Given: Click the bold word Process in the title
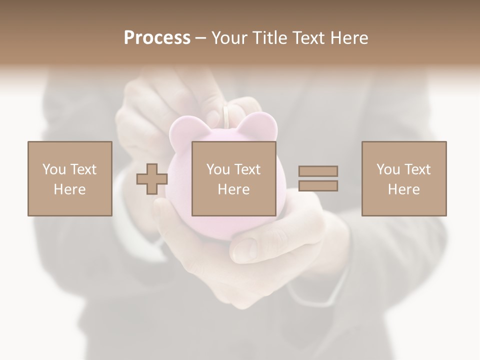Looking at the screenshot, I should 157,38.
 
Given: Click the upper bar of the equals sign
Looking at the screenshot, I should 318,171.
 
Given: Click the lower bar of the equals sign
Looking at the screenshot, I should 318,186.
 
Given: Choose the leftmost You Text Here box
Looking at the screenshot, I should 70,178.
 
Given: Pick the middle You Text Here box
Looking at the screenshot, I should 233,178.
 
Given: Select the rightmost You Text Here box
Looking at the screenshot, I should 404,178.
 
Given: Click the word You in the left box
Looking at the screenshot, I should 53,169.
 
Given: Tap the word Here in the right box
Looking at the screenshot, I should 404,189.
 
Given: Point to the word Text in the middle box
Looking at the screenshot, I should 247,169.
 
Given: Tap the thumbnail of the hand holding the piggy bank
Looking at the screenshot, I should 245,246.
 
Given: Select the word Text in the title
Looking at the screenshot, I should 308,38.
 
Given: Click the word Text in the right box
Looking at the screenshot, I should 417,169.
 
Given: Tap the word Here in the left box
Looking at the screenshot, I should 70,189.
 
